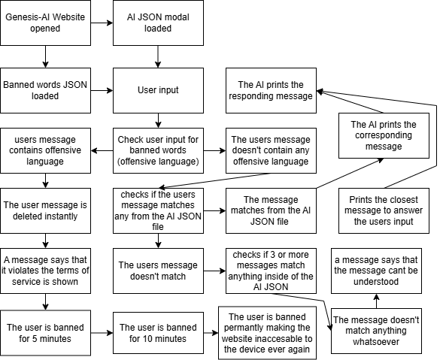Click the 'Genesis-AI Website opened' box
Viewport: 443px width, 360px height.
click(45, 23)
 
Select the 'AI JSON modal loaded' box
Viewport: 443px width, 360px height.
click(158, 23)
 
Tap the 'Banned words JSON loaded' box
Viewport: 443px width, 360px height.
click(45, 90)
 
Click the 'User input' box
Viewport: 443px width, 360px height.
click(158, 90)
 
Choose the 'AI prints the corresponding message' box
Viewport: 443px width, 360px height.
click(384, 136)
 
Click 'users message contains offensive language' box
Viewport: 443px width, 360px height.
click(45, 150)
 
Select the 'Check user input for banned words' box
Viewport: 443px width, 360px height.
click(158, 150)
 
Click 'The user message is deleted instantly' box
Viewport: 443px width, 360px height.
click(45, 210)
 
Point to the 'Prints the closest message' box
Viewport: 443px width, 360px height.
click(384, 210)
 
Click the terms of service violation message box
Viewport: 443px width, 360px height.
click(45, 271)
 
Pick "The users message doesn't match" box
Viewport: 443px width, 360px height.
click(158, 271)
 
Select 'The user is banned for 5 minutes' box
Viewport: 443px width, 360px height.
click(45, 333)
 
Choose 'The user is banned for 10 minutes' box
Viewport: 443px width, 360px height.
click(158, 333)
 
